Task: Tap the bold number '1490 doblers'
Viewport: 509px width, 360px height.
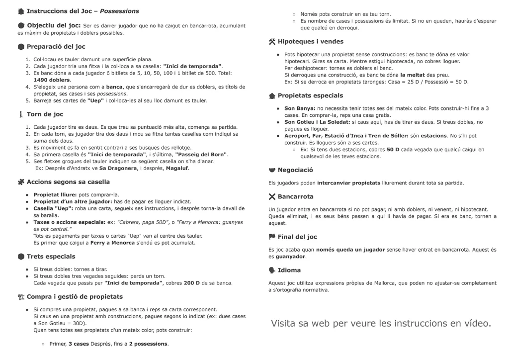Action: coord(52,80)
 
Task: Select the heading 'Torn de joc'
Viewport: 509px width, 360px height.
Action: coord(45,114)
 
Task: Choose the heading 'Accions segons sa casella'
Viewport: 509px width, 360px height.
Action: coord(68,182)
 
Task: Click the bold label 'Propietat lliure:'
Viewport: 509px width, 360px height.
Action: coord(55,194)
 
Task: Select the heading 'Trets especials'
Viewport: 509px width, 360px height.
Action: coord(51,257)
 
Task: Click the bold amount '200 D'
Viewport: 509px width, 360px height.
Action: coord(191,283)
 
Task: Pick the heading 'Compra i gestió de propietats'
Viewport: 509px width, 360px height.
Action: coord(75,297)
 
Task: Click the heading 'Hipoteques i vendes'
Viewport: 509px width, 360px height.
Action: coord(310,42)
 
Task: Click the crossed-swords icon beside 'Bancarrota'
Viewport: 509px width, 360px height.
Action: coord(272,196)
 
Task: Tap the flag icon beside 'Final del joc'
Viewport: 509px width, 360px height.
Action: coord(272,237)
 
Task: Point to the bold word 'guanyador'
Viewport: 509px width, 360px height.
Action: coord(290,257)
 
